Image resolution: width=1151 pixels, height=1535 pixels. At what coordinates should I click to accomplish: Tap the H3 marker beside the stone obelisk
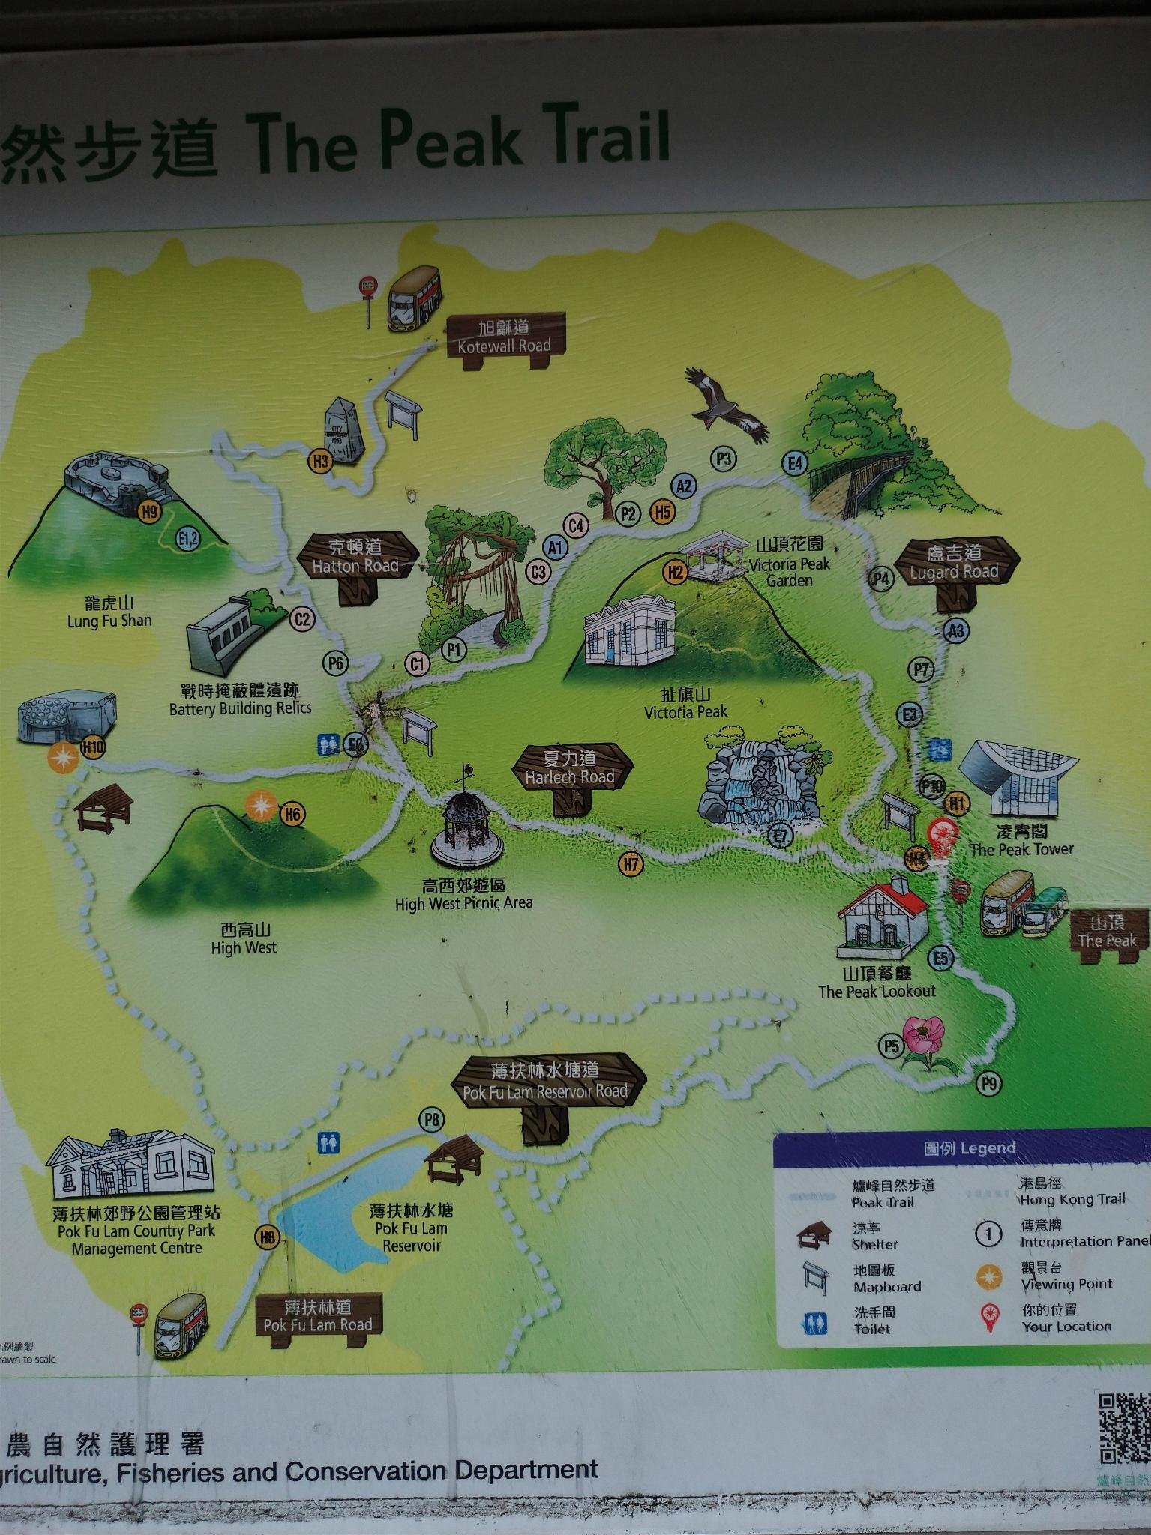coord(321,461)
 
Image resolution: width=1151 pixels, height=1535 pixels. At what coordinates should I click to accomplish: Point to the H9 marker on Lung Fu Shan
coord(150,512)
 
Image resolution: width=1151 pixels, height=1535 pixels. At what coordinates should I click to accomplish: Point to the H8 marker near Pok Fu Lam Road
coord(268,1237)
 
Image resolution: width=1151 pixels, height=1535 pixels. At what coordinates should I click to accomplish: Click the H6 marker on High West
coord(292,814)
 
